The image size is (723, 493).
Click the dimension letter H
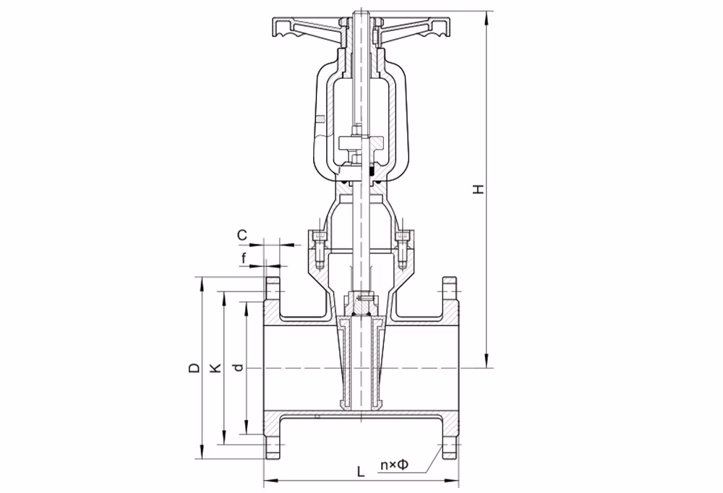(480, 189)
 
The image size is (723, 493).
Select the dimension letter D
(195, 367)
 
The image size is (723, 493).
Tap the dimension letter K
(215, 367)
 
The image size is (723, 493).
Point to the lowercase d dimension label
(237, 367)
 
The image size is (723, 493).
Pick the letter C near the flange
(242, 235)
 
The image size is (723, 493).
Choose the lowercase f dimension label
(244, 259)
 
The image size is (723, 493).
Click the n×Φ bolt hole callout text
(394, 465)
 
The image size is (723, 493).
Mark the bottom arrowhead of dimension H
(487, 361)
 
